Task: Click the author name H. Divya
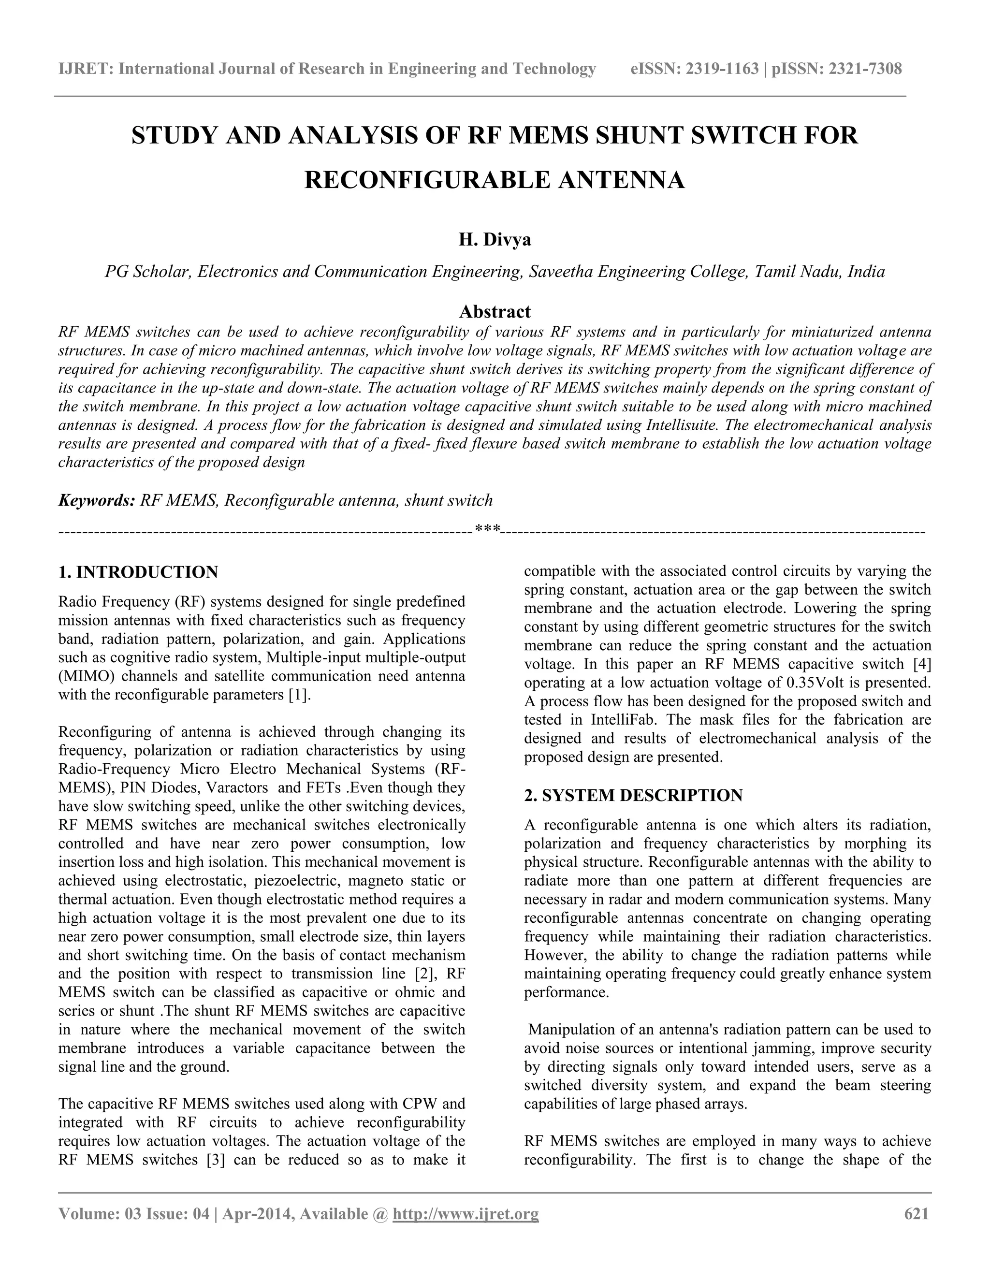click(x=495, y=240)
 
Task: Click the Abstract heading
click(x=495, y=311)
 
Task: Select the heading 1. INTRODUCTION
click(x=138, y=572)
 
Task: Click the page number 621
click(x=917, y=1213)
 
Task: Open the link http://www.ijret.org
click(x=465, y=1213)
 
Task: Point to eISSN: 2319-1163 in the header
click(x=695, y=69)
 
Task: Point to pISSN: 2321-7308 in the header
click(x=837, y=69)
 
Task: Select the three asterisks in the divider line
click(x=487, y=530)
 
